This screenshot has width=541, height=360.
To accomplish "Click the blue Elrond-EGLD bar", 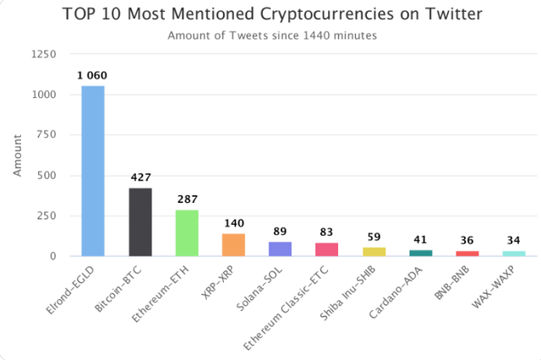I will coord(93,171).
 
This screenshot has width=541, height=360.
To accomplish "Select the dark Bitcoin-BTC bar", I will coord(139,221).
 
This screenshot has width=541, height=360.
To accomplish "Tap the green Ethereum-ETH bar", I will coord(186,232).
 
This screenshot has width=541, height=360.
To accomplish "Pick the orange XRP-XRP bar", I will coord(233,244).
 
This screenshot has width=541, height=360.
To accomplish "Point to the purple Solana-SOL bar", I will coord(280,248).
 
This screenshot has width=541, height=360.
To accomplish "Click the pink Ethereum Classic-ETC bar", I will coord(326,249).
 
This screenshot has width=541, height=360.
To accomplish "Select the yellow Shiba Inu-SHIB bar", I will coord(374,251).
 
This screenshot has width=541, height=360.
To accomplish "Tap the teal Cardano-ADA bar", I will coord(420,253).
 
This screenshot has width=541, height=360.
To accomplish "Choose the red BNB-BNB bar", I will coord(467,253).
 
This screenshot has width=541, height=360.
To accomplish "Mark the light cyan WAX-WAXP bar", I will coord(514,253).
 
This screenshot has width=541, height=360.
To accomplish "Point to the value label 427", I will coord(139,178).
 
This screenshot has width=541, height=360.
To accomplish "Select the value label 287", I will coord(187,199).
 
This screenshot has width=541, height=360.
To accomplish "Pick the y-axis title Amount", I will coord(17,156).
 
